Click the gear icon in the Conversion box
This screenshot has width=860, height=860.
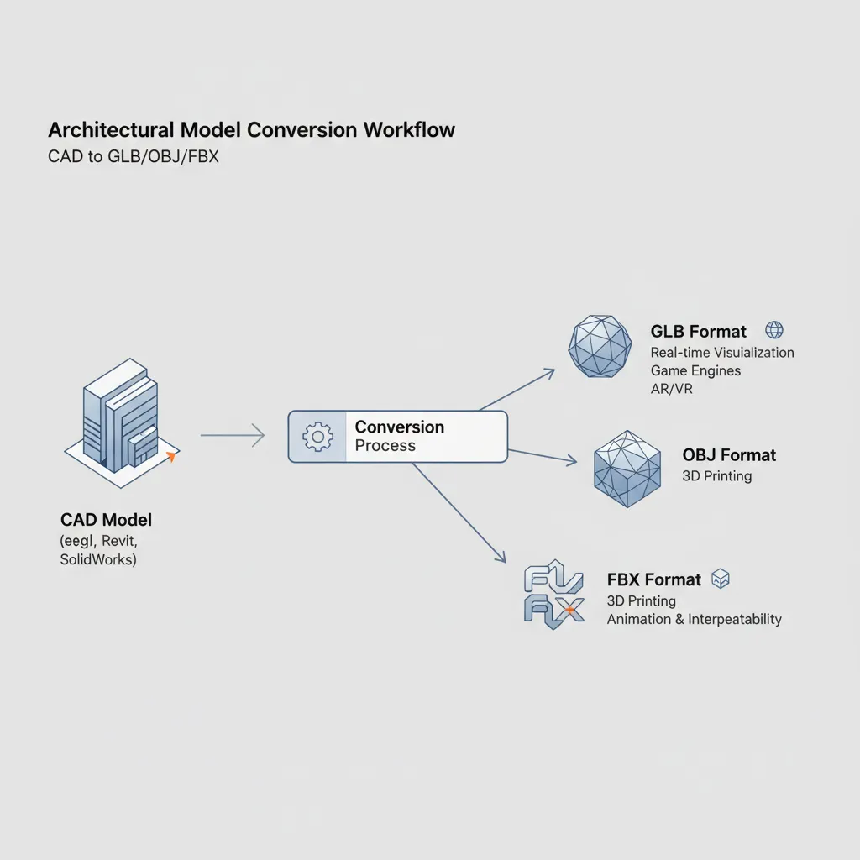coord(317,437)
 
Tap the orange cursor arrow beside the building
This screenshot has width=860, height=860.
coord(171,457)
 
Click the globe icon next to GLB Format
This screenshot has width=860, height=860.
coord(774,330)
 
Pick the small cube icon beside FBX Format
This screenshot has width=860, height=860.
coord(720,578)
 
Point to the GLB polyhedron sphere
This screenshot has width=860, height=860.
coord(600,345)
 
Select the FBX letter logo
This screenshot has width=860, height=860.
coord(553,595)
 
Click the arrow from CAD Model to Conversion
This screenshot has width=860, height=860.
coord(233,435)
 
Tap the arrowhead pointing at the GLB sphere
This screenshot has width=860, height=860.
coord(551,371)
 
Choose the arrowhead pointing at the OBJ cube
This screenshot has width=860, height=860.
coord(572,460)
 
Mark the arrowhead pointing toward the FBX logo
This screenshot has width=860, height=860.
coord(501,557)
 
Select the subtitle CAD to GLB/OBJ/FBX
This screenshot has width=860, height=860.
coord(134,156)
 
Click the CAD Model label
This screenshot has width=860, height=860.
coord(106,520)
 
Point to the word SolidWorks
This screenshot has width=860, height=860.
coord(97,559)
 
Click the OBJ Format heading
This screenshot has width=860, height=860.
coord(729,455)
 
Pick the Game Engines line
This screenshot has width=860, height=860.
coord(695,370)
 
